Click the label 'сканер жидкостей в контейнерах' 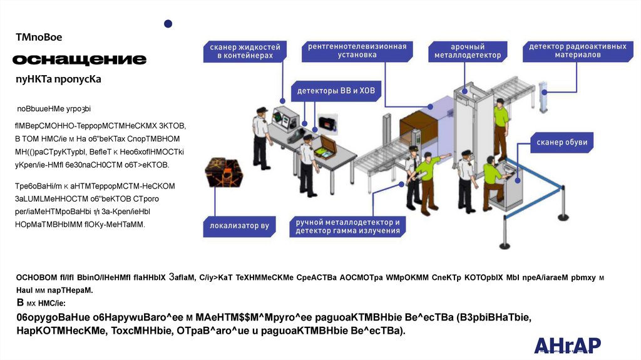click(x=245, y=51)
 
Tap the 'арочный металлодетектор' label click(x=468, y=51)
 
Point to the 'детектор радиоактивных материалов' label click(x=578, y=51)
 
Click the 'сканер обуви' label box click(x=562, y=142)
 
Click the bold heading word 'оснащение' click(x=79, y=60)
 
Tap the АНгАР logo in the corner click(x=567, y=345)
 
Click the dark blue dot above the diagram click(x=168, y=24)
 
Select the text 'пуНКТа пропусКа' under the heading click(x=58, y=81)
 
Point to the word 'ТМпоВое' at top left click(x=39, y=38)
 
